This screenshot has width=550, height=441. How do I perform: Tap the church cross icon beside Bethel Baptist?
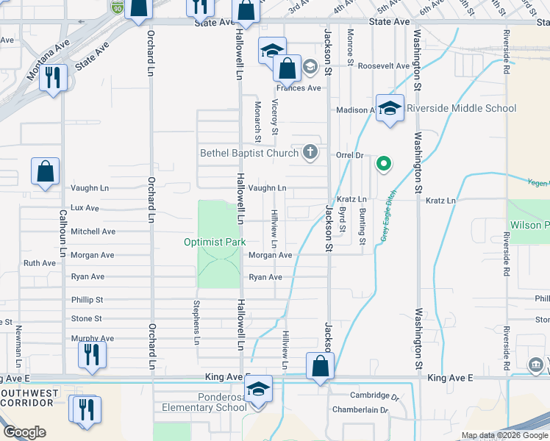(310, 153)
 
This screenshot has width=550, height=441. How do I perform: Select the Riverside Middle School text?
(461, 108)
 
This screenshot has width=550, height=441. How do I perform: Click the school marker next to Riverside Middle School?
(390, 109)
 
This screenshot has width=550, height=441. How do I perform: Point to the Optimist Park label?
(214, 242)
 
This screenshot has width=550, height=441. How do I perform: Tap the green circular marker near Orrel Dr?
(382, 164)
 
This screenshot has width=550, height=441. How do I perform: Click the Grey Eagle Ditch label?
(388, 216)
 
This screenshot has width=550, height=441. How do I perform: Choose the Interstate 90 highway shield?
(118, 7)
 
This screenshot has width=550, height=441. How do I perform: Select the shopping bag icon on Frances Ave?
(287, 68)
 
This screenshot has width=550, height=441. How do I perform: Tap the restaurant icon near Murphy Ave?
(92, 354)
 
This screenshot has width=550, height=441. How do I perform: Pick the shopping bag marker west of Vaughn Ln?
(46, 171)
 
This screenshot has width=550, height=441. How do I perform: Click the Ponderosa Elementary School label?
(212, 404)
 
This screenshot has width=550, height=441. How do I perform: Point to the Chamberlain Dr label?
(359, 410)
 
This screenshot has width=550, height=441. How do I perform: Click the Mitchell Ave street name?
(93, 231)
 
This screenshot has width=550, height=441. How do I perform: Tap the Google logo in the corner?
(25, 432)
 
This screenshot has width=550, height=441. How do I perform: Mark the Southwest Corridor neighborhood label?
(29, 398)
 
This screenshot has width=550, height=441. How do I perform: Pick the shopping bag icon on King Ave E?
(320, 367)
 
